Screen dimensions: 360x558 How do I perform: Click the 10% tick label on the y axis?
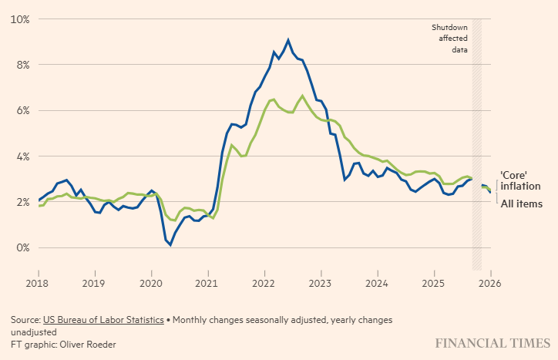point(18,19)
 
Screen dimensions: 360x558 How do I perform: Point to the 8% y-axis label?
point(21,65)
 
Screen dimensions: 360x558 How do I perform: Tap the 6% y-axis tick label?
point(21,110)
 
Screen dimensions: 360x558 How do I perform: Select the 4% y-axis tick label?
point(21,156)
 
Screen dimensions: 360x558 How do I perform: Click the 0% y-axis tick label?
point(21,248)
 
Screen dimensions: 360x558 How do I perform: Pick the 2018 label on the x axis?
point(39,283)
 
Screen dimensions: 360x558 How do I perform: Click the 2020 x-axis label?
point(151,283)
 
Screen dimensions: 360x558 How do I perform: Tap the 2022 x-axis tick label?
point(264,283)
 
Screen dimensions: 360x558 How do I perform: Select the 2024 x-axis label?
point(377,283)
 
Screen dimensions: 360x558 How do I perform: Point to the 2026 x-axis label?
point(490,283)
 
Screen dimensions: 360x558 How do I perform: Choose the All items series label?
point(521,204)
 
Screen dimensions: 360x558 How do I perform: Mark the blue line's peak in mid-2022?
point(288,40)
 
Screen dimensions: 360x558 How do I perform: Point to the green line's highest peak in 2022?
point(302,96)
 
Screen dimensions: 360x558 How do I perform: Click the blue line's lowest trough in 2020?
point(170,245)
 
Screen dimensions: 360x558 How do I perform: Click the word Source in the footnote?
point(25,319)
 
